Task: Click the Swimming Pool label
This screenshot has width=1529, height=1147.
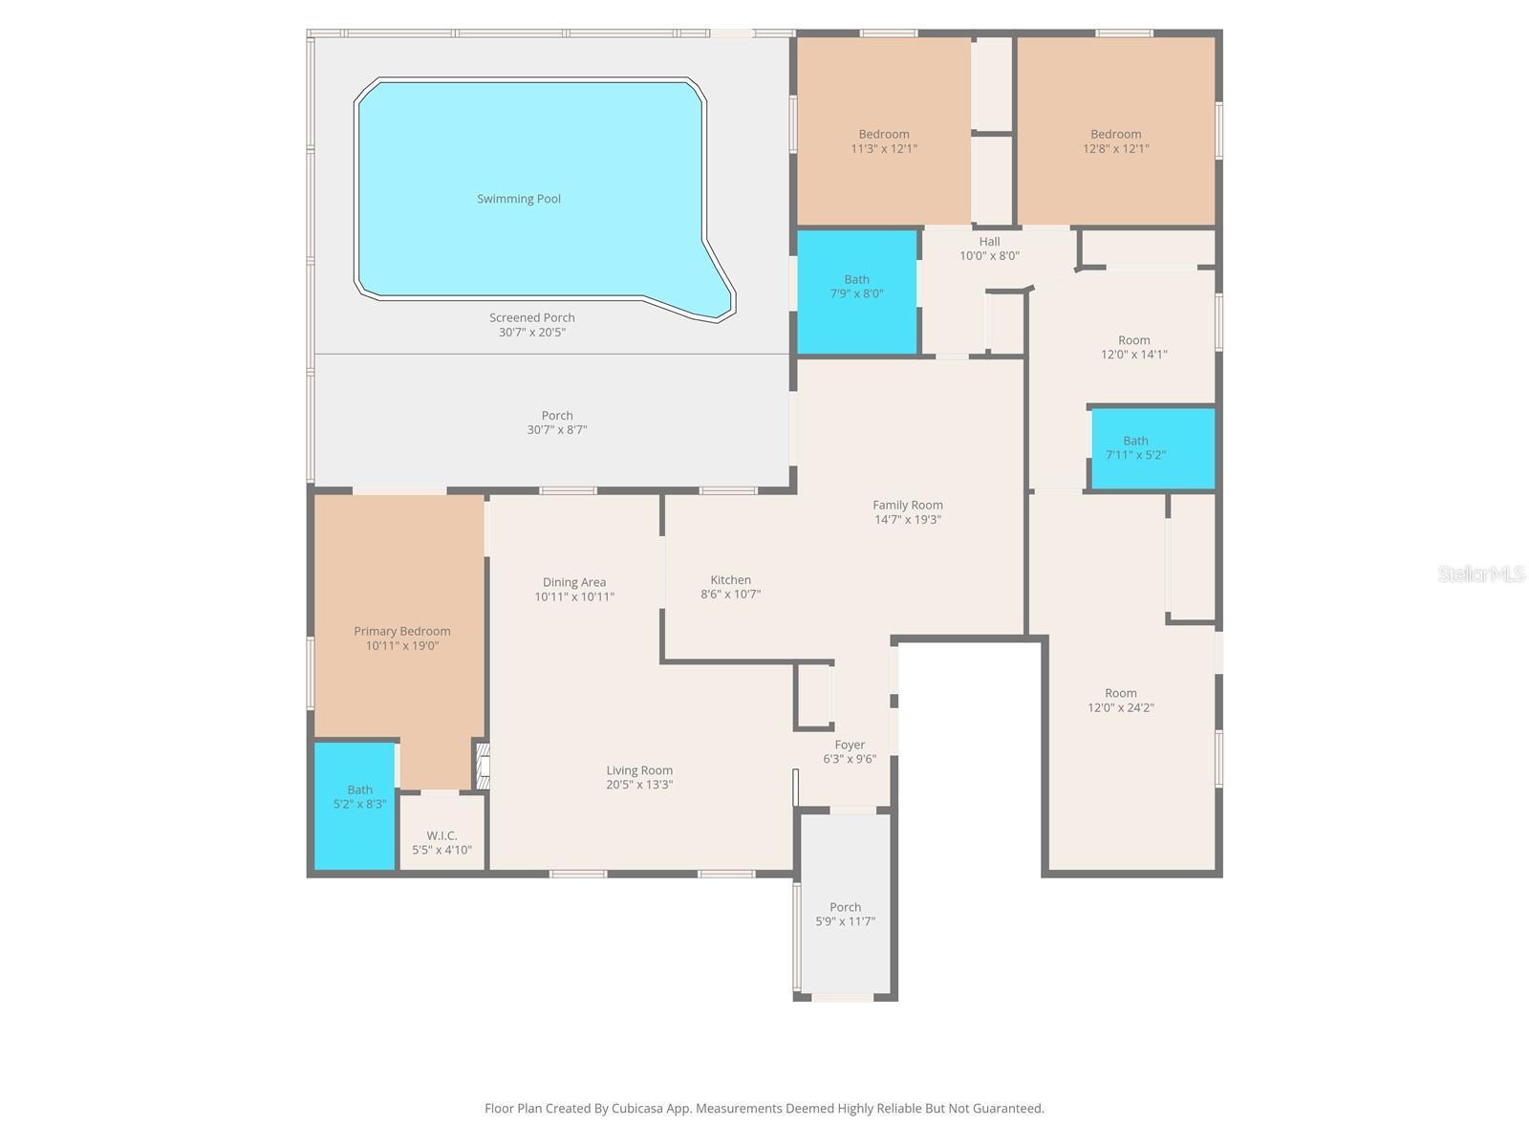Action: [x=519, y=199]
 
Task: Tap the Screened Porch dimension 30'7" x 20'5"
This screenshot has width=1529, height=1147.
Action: [x=532, y=333]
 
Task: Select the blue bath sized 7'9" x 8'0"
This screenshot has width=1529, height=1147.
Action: [x=857, y=292]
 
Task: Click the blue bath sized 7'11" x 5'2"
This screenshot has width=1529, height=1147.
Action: [x=1152, y=448]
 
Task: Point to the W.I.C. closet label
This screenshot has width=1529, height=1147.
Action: [x=441, y=835]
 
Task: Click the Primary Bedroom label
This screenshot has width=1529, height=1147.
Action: [x=401, y=631]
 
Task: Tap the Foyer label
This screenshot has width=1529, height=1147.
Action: [x=850, y=745]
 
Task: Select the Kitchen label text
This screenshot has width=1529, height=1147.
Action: [x=730, y=579]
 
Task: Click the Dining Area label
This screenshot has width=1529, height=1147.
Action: [x=573, y=582]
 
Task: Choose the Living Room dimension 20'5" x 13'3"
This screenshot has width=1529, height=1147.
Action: [x=639, y=785]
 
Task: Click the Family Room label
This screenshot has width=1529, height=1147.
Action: [x=907, y=505]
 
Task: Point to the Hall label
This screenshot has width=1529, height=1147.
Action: [x=989, y=242]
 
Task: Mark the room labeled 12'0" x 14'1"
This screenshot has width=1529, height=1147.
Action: [x=1133, y=347]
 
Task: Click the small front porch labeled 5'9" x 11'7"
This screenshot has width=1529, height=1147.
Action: [x=845, y=914]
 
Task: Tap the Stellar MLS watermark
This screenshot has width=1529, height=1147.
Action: [x=1481, y=573]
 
